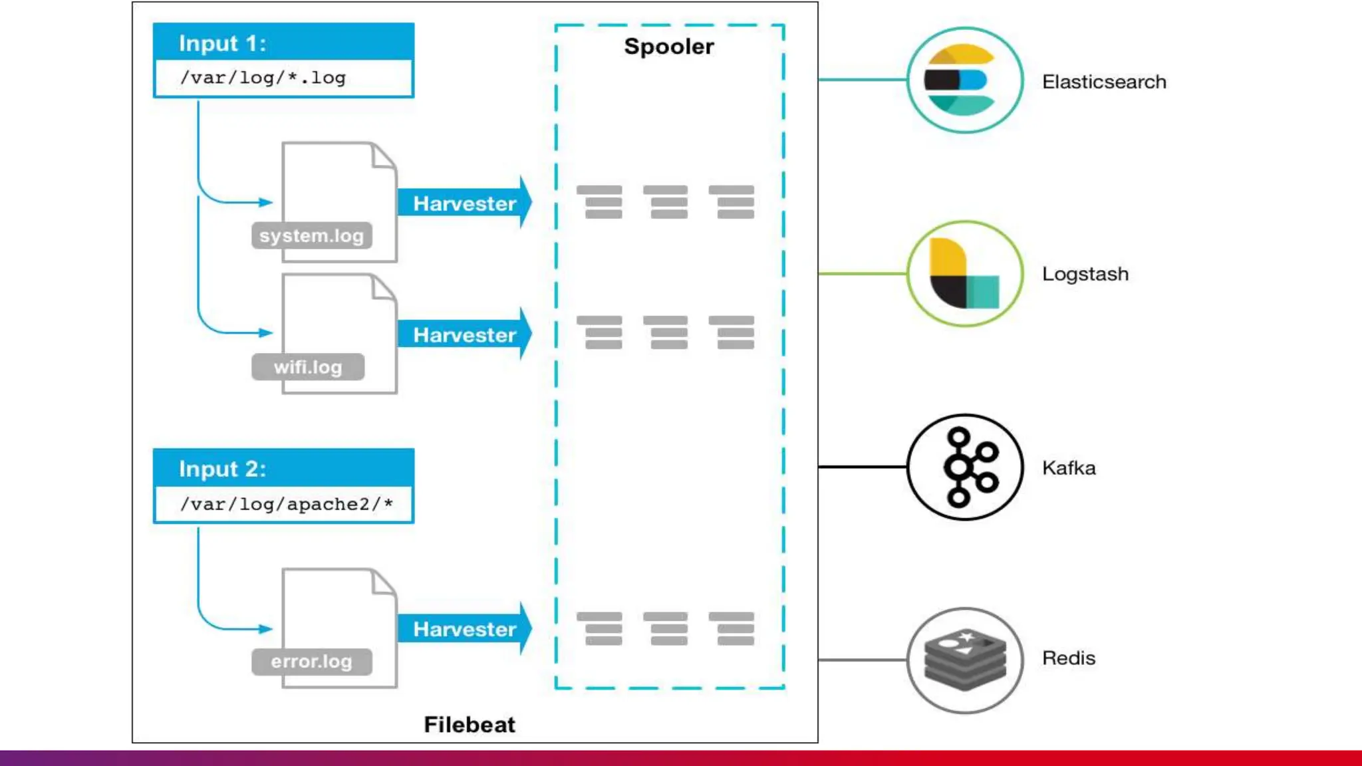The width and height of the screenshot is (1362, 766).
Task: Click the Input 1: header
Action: [222, 43]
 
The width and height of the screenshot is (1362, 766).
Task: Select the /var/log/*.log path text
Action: [263, 78]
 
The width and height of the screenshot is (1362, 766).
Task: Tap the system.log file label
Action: [311, 235]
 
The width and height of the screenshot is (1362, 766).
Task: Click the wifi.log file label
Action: [308, 367]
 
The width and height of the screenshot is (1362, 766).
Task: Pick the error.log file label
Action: [311, 661]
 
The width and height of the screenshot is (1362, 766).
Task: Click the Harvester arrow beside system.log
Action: [464, 203]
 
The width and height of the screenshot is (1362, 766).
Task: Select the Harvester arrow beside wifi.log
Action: [464, 334]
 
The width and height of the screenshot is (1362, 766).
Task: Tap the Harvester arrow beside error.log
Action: [464, 628]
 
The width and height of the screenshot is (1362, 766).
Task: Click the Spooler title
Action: [669, 47]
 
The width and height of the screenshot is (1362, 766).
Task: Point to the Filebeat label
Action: [470, 724]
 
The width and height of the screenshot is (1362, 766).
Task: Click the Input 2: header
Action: [222, 469]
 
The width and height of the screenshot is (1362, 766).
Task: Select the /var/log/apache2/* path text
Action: [286, 504]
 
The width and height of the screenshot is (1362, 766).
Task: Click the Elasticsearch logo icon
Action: [965, 80]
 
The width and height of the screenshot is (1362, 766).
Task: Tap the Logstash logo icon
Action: [965, 273]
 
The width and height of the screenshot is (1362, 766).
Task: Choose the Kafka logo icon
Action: [965, 467]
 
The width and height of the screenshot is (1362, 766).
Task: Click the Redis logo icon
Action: [965, 660]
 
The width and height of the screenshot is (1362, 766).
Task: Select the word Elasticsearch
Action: [1104, 82]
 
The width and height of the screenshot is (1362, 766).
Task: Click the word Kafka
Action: [1069, 467]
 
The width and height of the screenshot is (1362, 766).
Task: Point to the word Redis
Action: [1068, 658]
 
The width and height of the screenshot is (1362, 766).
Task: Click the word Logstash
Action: [1085, 274]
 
